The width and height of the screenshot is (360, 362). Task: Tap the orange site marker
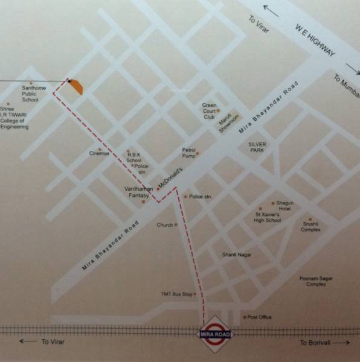[76, 87]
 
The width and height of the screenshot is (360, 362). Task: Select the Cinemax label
[100, 154]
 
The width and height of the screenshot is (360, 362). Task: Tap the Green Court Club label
[209, 112]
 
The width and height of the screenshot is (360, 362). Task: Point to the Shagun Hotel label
[284, 206]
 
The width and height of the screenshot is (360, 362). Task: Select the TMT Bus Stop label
[176, 294]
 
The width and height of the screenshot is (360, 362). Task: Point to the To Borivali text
[316, 343]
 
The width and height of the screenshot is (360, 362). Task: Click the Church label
[165, 225]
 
